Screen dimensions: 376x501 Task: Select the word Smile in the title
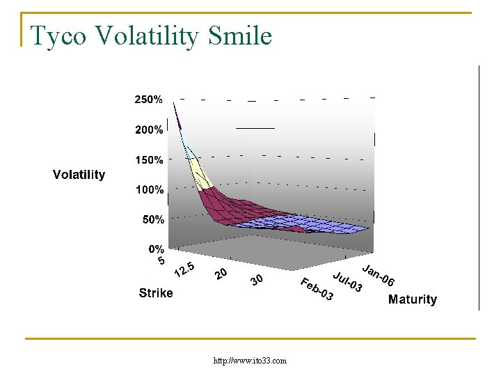[239, 36]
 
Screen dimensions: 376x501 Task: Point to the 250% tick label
[149, 100]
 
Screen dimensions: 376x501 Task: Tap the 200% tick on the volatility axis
[149, 130]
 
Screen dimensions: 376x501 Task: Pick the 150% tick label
[149, 159]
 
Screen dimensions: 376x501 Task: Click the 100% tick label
[149, 189]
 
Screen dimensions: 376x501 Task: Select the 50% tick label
[153, 219]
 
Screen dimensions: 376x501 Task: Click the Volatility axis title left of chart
[79, 175]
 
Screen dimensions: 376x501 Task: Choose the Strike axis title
[156, 293]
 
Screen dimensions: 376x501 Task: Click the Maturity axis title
[413, 299]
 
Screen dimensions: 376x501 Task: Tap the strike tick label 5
[161, 261]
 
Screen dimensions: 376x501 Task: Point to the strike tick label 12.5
[184, 269]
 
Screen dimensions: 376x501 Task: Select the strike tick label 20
[221, 274]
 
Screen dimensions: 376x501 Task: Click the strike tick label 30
[257, 281]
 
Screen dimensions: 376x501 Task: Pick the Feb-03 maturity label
[317, 290]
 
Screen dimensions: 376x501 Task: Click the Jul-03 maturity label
[347, 281]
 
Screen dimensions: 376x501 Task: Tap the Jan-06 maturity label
[379, 276]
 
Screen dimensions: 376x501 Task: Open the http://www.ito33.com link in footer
[250, 361]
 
